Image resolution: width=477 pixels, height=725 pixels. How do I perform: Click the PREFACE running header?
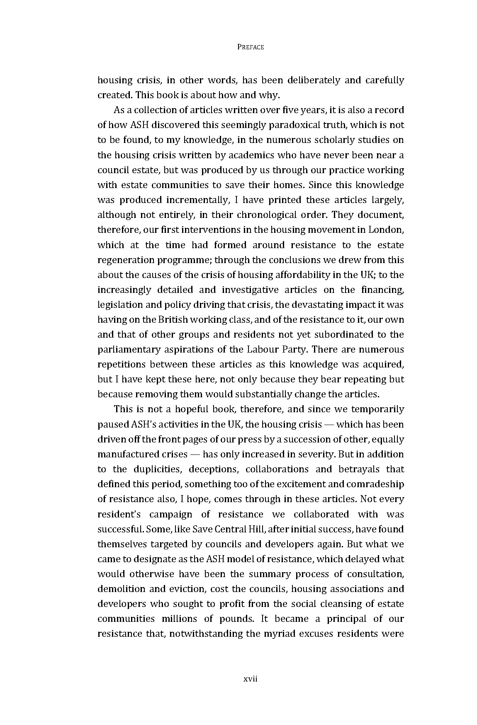tap(251, 47)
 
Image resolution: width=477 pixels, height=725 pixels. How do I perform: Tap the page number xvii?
tap(251, 679)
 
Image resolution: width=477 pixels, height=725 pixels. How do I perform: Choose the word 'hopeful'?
tap(191, 409)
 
